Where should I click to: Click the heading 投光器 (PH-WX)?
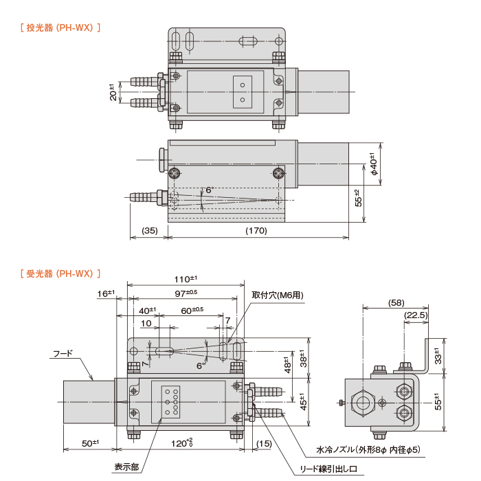point(62,28)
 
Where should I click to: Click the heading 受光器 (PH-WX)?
point(62,273)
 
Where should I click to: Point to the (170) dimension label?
point(256,231)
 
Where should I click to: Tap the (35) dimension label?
point(149,231)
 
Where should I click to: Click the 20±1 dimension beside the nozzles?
point(113,91)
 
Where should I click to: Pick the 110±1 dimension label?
point(185,279)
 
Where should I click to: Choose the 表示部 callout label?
point(126,467)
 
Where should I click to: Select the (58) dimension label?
point(396,302)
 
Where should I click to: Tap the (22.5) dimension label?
point(416,315)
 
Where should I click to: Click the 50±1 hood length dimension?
point(89,443)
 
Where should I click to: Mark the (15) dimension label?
point(264,443)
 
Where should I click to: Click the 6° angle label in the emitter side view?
point(210,190)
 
